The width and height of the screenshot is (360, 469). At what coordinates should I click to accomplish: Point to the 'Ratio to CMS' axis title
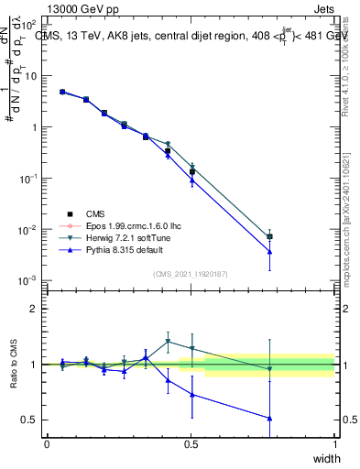click(14, 364)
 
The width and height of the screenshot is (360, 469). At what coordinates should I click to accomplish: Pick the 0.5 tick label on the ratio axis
click(30, 420)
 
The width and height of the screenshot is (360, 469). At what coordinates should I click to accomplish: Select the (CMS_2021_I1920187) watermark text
click(190, 273)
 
